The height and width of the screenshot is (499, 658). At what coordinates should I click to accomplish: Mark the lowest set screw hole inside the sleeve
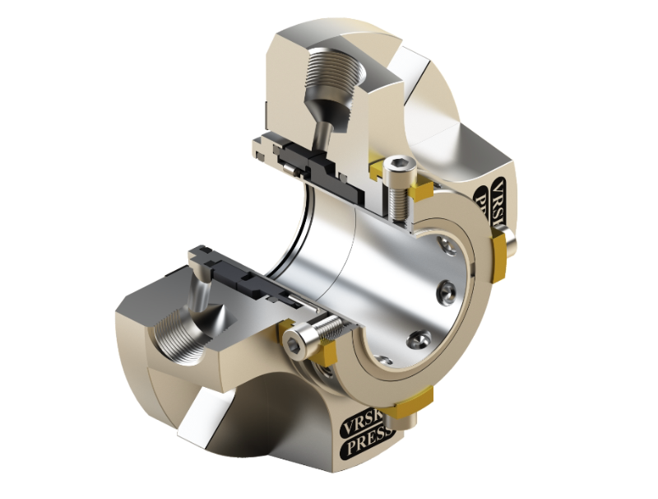point(419,338)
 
